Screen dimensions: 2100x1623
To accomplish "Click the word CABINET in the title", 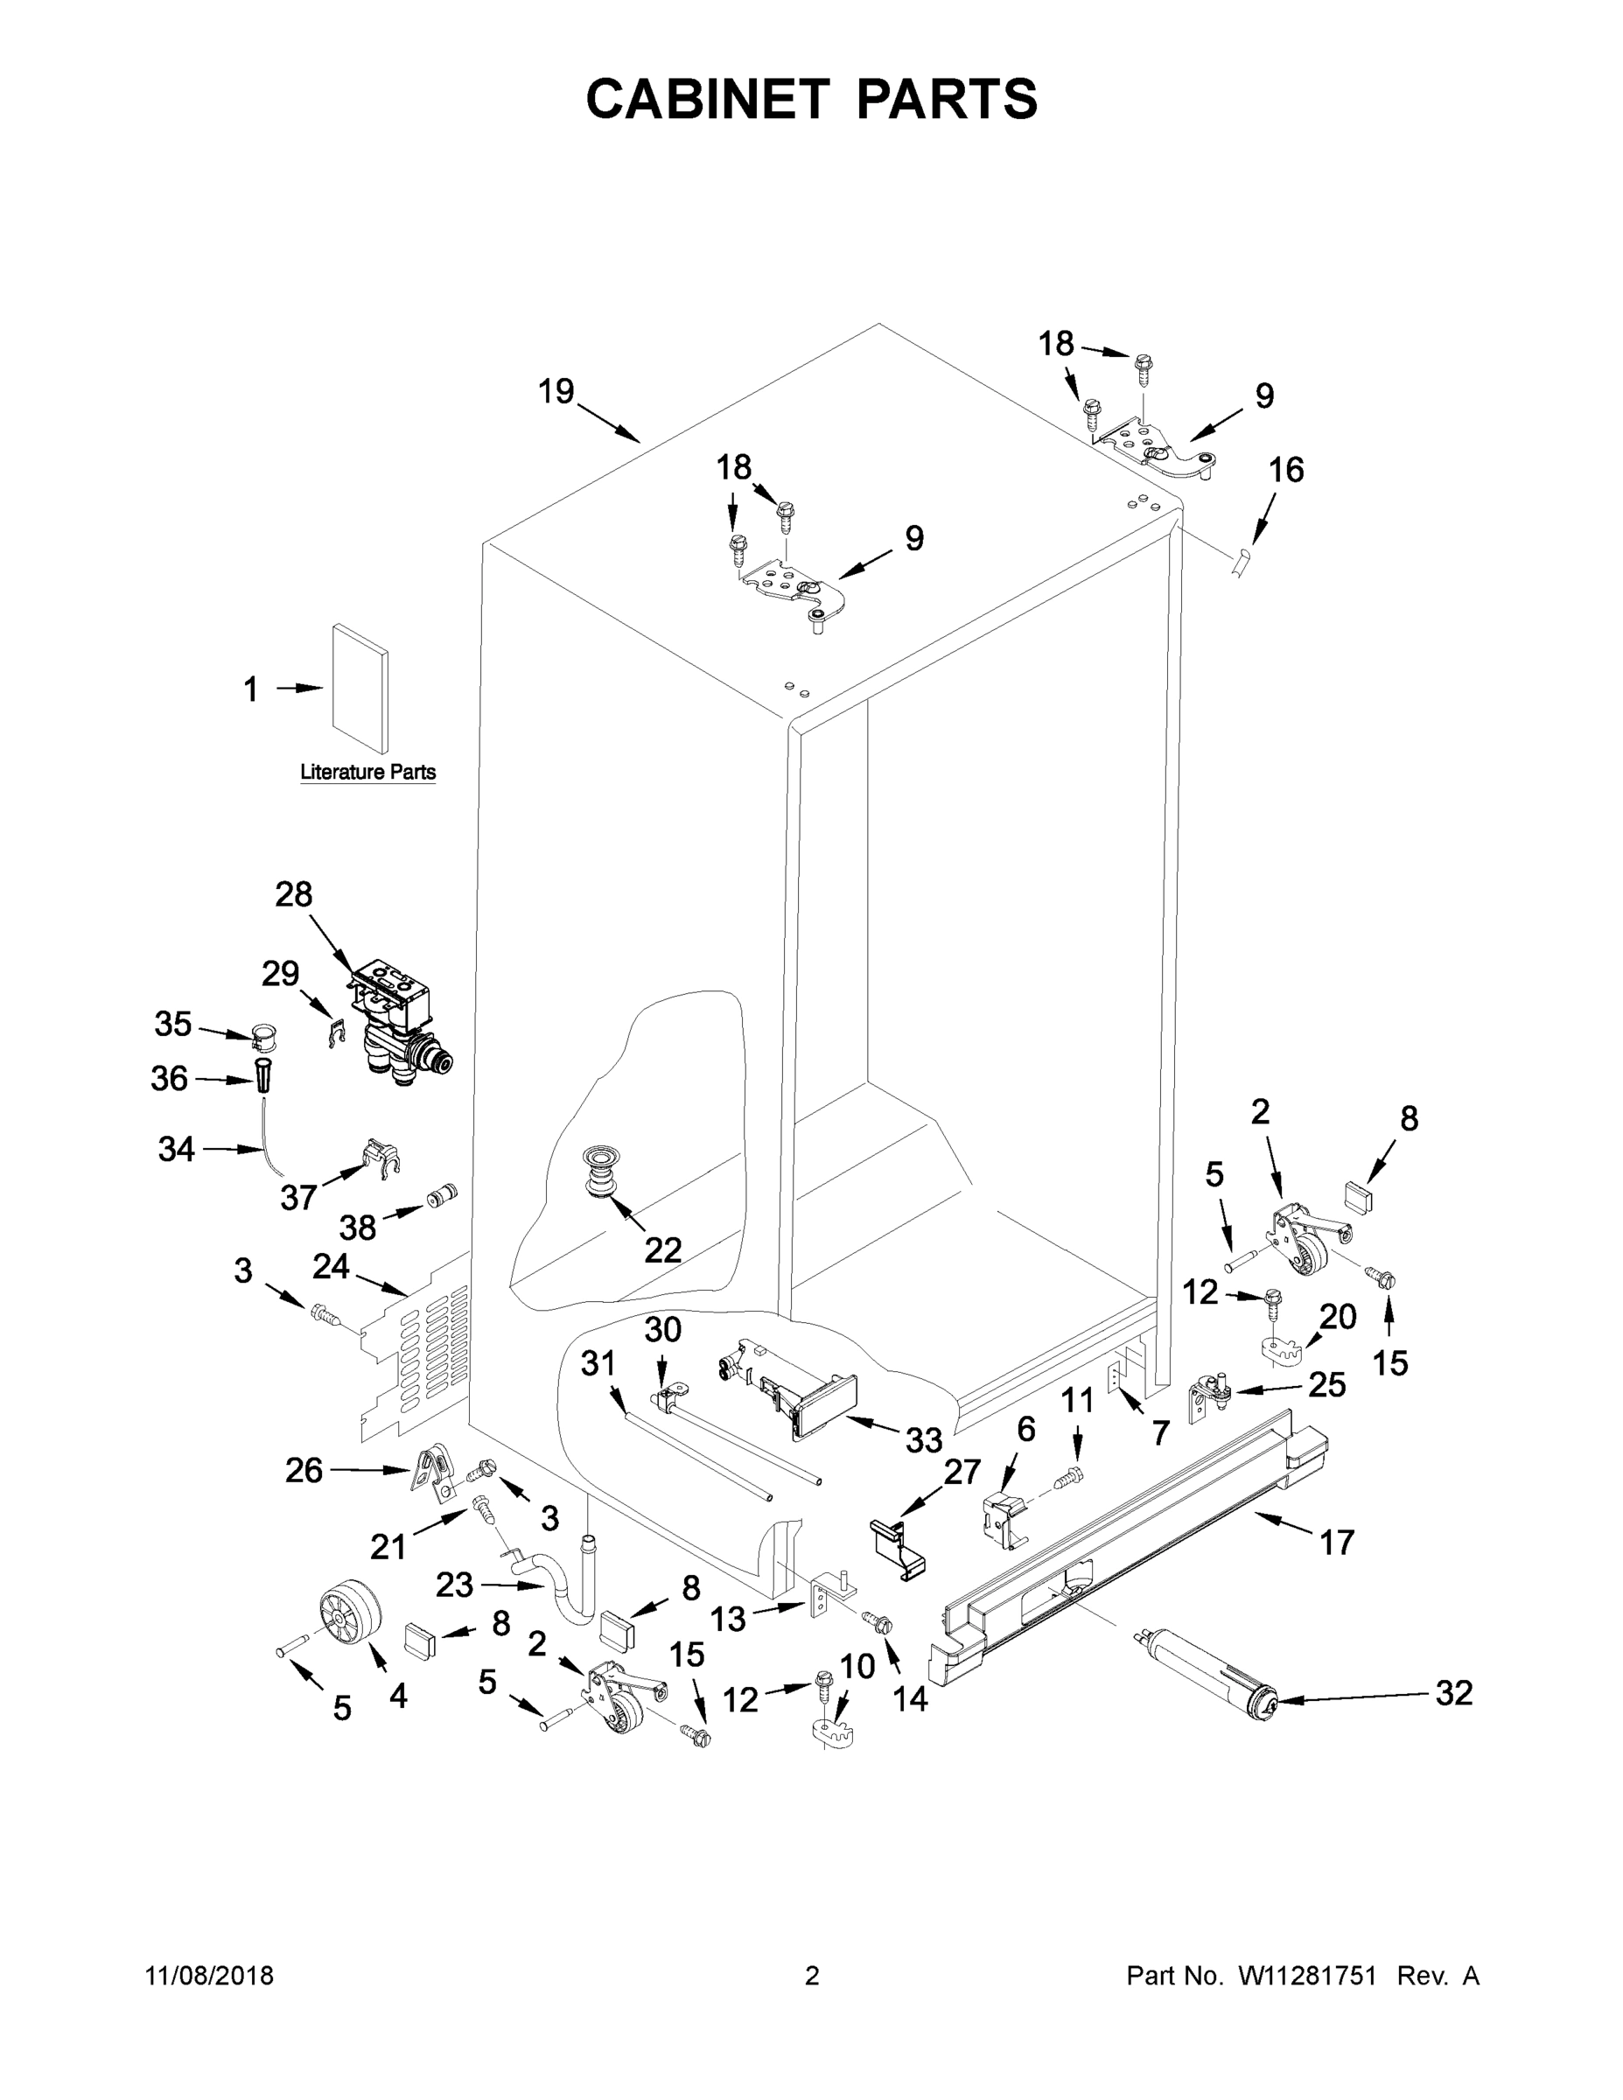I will coord(708,99).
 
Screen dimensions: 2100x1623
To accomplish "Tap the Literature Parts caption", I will coord(367,772).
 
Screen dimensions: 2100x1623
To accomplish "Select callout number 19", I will coord(556,391).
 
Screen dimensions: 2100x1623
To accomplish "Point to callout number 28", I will coord(293,894).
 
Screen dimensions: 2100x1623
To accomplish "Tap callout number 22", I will coord(662,1250).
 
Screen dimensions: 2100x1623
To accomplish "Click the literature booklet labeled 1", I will coord(360,688).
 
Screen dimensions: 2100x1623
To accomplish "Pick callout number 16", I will coord(1286,470).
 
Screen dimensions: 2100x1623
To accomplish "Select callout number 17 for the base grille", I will coord(1337,1543).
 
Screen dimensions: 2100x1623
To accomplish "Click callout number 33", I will coord(923,1439).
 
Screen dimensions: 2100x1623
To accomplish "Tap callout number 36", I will coord(169,1079).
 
